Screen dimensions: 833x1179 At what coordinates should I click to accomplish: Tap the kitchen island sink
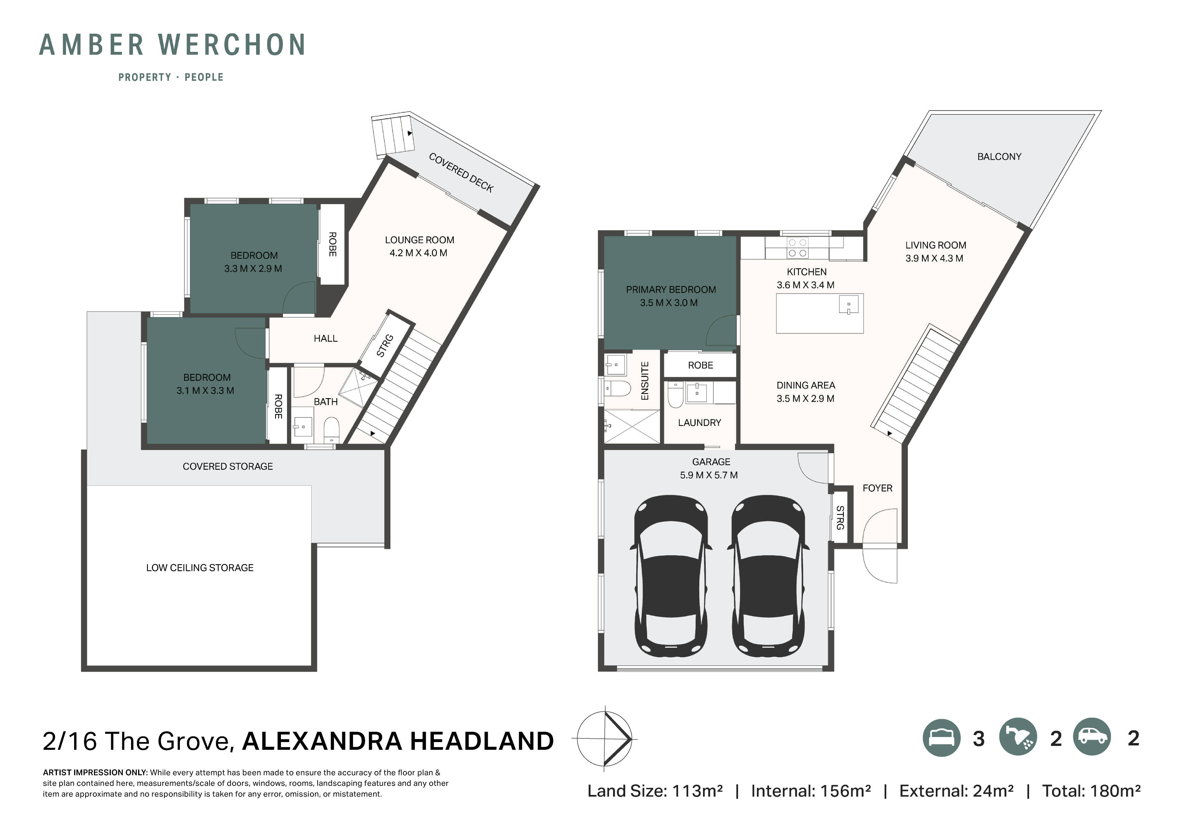(x=848, y=307)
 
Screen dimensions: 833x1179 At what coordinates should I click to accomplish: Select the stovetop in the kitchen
(x=797, y=248)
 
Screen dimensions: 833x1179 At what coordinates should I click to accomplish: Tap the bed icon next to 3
(x=941, y=737)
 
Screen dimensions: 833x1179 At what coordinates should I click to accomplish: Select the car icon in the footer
(x=1092, y=737)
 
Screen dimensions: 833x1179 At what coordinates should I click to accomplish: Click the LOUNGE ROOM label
(x=419, y=240)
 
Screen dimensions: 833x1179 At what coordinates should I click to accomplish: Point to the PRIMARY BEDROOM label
(x=671, y=290)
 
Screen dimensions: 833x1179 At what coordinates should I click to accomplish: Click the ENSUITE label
(x=645, y=381)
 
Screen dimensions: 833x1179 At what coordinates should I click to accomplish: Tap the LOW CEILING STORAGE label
(x=200, y=568)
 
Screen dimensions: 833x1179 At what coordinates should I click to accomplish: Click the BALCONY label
(x=999, y=157)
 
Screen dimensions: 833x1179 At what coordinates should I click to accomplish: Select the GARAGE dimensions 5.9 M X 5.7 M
(x=709, y=475)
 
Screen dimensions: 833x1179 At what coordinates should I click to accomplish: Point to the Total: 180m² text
(x=1091, y=791)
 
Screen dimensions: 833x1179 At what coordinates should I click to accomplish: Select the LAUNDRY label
(x=699, y=423)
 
